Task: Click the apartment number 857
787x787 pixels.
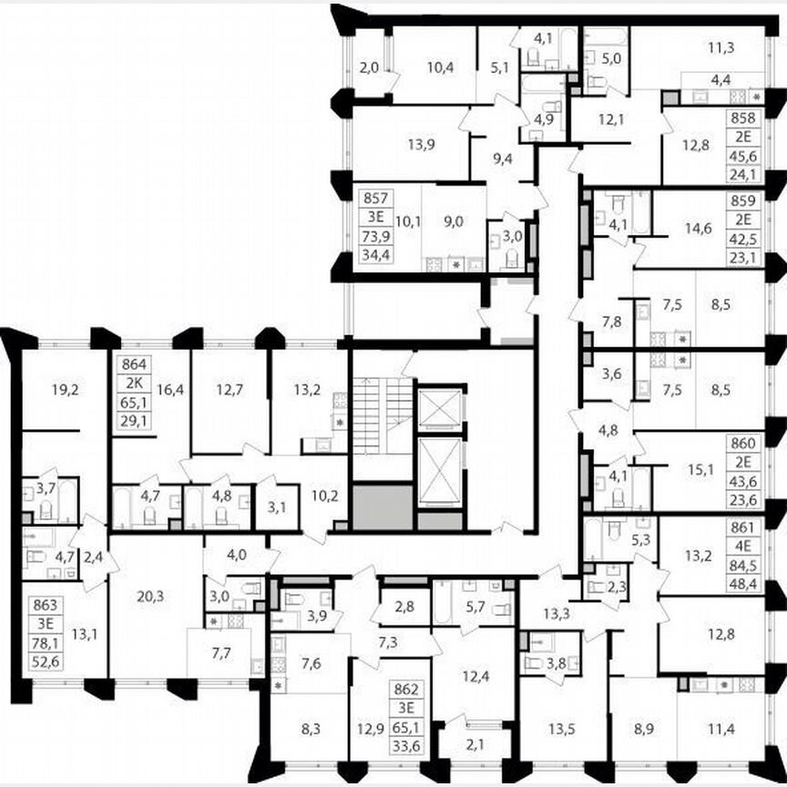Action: click(372, 198)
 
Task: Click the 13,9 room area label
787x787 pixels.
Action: click(394, 144)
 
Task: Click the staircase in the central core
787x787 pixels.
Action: click(383, 415)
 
